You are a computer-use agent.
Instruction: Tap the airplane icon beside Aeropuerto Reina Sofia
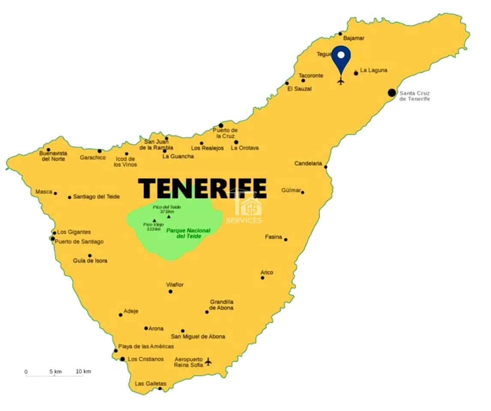208,362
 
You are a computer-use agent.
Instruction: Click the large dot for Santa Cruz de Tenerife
392,92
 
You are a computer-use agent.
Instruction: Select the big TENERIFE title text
202,188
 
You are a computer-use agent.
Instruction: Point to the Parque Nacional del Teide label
189,233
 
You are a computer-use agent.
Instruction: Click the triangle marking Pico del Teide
168,216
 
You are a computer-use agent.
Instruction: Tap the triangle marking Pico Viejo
154,221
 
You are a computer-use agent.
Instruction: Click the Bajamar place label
354,38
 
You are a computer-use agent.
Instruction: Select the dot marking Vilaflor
171,292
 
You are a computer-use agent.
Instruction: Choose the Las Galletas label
150,384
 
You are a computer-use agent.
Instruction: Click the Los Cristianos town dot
123,359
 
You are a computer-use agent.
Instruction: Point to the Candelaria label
308,164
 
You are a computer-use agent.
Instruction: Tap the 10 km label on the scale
84,372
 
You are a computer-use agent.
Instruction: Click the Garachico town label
93,158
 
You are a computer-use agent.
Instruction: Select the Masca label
44,192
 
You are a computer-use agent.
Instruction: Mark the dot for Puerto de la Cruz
221,125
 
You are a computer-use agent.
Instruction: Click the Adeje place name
131,311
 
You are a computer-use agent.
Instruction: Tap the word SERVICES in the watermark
243,220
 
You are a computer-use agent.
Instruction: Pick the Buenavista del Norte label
53,156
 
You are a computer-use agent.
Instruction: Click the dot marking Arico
263,278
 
